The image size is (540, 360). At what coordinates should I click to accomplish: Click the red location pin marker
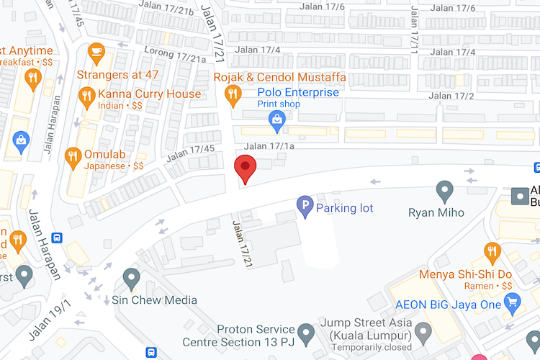[x=246, y=168]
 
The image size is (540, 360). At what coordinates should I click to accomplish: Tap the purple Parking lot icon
[x=305, y=207]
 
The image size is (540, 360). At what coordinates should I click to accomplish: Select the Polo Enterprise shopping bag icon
[x=276, y=122]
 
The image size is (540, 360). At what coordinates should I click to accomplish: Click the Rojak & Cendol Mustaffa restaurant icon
[x=233, y=94]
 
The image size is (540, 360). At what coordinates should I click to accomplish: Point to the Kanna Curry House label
[x=150, y=94]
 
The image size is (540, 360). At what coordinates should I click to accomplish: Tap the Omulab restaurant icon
[x=73, y=156]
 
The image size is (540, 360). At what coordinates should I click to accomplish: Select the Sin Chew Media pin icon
[x=131, y=276]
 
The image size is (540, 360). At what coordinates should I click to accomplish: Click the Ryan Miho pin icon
[x=445, y=191]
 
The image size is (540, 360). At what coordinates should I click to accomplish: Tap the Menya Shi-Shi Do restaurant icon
[x=492, y=251]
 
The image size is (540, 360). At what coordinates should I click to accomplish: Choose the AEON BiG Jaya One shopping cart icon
[x=512, y=304]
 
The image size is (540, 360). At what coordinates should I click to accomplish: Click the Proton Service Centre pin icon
[x=307, y=333]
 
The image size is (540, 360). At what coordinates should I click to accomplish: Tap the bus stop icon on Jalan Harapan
[x=58, y=237]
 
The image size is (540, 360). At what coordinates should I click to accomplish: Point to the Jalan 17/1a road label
[x=269, y=147]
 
